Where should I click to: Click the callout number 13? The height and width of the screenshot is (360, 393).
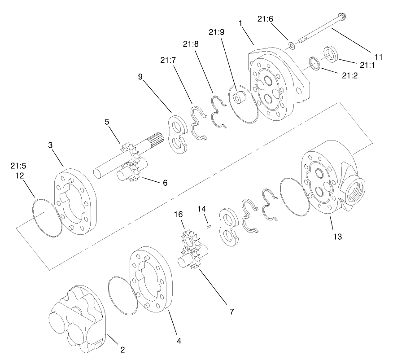pos(336,236)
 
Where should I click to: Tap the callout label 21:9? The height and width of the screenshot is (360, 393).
pos(214,32)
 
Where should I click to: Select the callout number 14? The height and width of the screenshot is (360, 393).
pos(202,209)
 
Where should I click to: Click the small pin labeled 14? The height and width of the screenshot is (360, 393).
pos(209,227)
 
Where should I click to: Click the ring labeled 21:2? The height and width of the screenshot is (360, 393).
pos(315,63)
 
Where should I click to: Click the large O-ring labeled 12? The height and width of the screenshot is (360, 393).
pos(46,218)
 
